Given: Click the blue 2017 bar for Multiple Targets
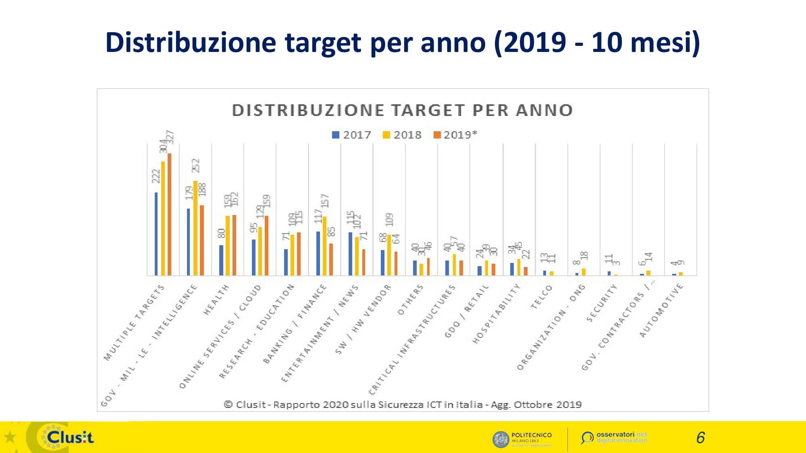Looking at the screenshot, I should tap(156, 234).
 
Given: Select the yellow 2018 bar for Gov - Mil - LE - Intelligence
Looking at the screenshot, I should tap(195, 228).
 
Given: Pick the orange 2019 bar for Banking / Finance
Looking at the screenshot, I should tap(331, 259).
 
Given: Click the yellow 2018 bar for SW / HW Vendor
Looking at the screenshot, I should tap(389, 255).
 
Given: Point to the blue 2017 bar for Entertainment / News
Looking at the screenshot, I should tap(350, 254).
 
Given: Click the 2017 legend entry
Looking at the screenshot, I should tap(351, 135).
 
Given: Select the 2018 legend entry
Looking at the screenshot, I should tap(402, 135).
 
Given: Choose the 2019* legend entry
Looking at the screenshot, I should tap(455, 135).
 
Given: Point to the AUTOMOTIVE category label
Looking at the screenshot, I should tap(661, 310).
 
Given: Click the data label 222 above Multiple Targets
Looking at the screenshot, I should tap(156, 176).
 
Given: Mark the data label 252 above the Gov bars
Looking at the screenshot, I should tap(195, 165).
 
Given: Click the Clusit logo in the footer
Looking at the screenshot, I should tap(69, 437).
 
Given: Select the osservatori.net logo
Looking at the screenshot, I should tap(614, 437).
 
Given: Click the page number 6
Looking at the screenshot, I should tap(700, 438).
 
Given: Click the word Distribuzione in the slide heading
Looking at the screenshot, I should tap(191, 42).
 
